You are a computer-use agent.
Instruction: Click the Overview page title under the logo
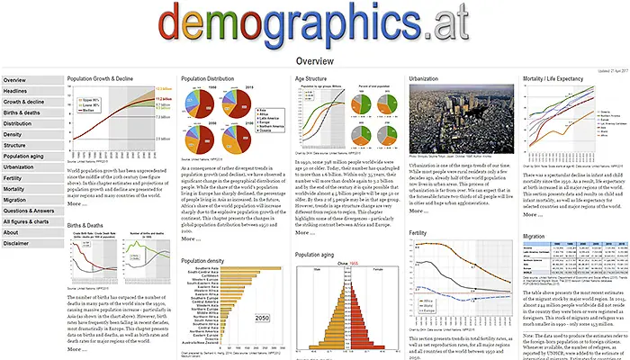click(x=315, y=62)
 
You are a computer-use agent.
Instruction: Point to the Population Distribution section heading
click(x=213, y=79)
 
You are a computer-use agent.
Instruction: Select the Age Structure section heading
click(x=316, y=79)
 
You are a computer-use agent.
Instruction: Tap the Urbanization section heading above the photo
click(x=427, y=79)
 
